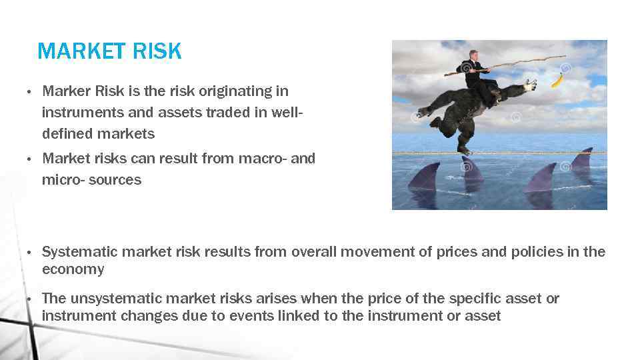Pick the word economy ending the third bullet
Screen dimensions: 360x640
(73, 269)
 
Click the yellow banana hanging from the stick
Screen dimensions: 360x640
(556, 81)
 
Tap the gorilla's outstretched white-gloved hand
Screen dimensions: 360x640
(530, 85)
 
